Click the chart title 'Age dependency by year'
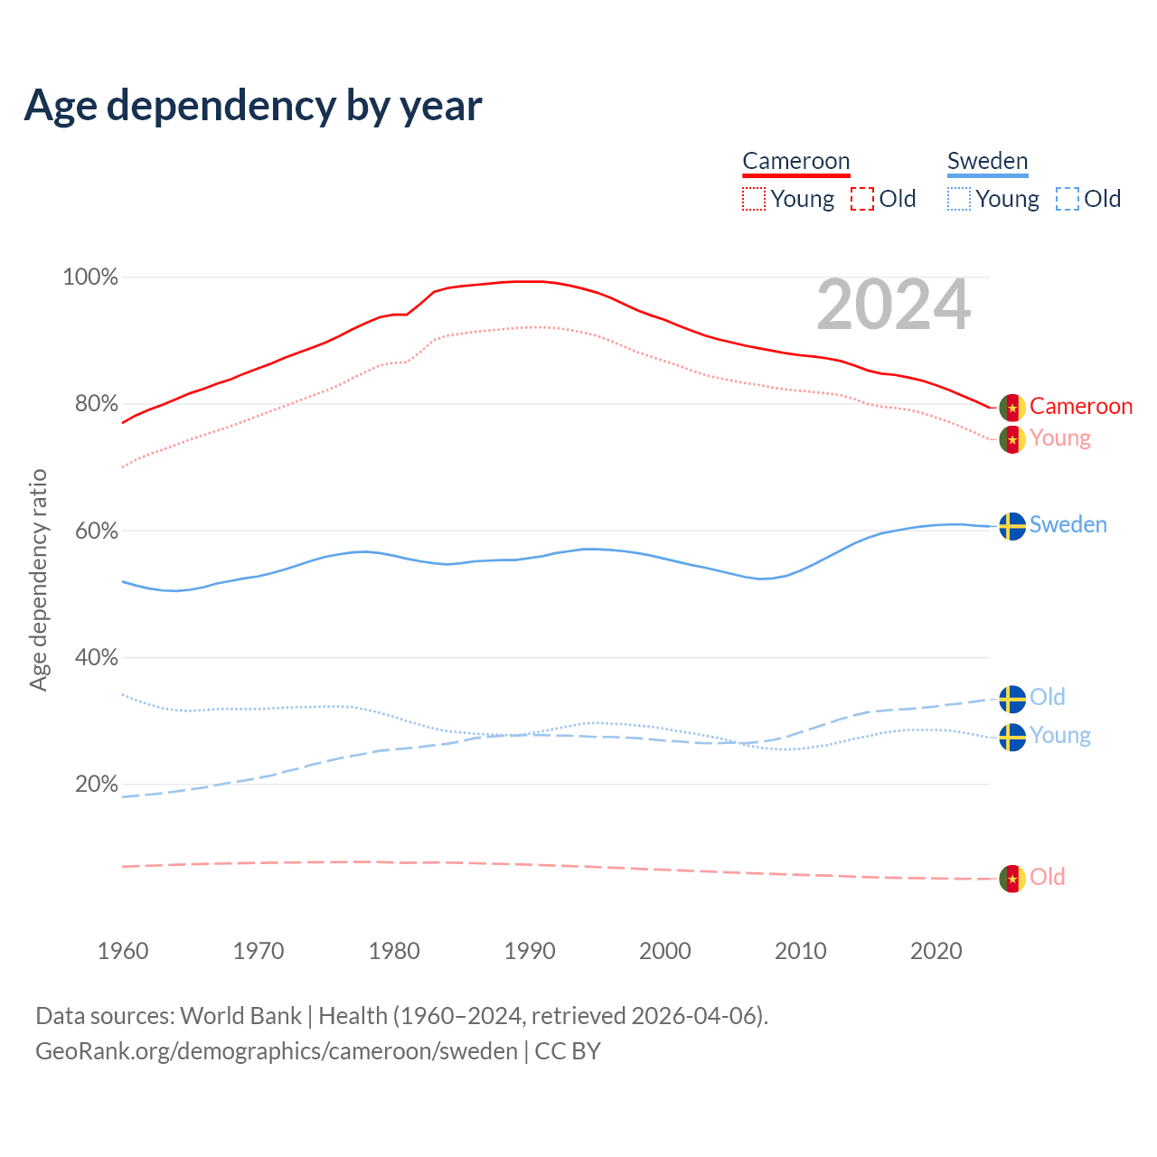(253, 106)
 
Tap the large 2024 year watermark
(893, 306)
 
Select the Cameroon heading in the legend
(795, 162)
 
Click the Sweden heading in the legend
(987, 162)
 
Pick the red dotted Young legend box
(754, 199)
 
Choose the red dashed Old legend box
(862, 199)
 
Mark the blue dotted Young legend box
(959, 199)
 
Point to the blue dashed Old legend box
(1068, 199)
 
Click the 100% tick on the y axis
(90, 277)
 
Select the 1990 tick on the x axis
(530, 951)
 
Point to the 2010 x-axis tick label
(801, 951)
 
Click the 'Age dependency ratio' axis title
(38, 579)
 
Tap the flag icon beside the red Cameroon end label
(1012, 408)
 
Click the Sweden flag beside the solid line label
(1012, 526)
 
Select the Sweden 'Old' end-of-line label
(1048, 698)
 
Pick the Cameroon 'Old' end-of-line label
(1048, 878)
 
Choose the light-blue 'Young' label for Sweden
(1060, 736)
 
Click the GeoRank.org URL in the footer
(277, 1051)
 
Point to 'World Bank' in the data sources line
(240, 1016)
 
